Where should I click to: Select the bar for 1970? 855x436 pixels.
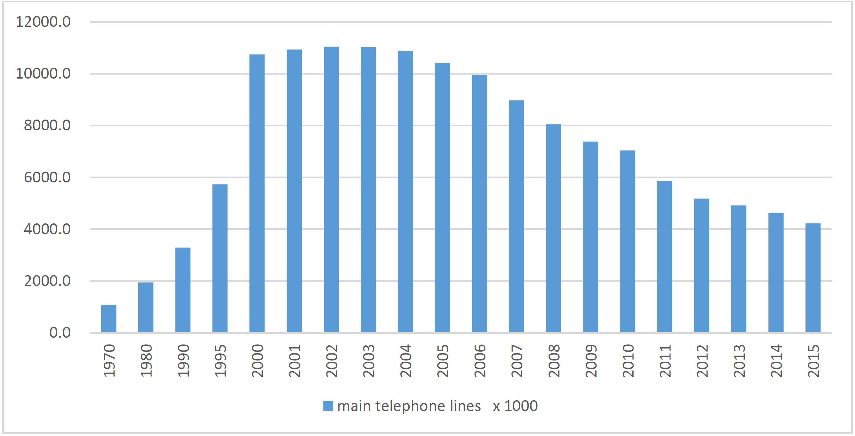coord(108,319)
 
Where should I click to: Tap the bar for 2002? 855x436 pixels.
coord(331,189)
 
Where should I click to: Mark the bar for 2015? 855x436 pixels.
coord(813,278)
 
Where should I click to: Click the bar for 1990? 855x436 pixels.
coord(183,290)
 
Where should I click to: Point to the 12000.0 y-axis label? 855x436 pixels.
coord(43,22)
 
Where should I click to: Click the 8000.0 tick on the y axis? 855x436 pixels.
coord(47,125)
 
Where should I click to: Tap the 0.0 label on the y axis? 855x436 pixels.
coord(60,333)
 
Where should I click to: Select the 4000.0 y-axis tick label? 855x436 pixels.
coord(47,229)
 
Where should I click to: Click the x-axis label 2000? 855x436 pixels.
coord(257,361)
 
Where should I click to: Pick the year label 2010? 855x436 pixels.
coord(628,361)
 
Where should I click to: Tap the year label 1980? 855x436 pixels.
coord(146,361)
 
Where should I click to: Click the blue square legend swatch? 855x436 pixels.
coord(328,406)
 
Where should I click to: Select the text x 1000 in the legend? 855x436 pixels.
coord(515,406)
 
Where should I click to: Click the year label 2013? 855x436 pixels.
coord(739,361)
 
